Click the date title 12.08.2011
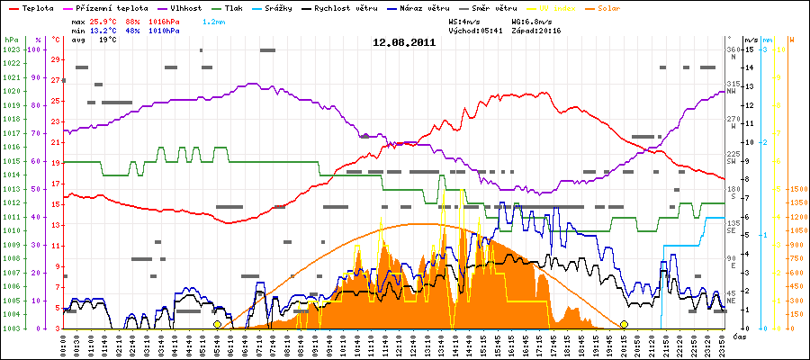coord(404,41)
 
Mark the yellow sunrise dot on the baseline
coord(217,324)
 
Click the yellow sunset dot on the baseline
coord(624,324)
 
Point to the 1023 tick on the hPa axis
coord(12,50)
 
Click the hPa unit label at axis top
coord(11,40)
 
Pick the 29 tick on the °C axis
coord(56,59)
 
